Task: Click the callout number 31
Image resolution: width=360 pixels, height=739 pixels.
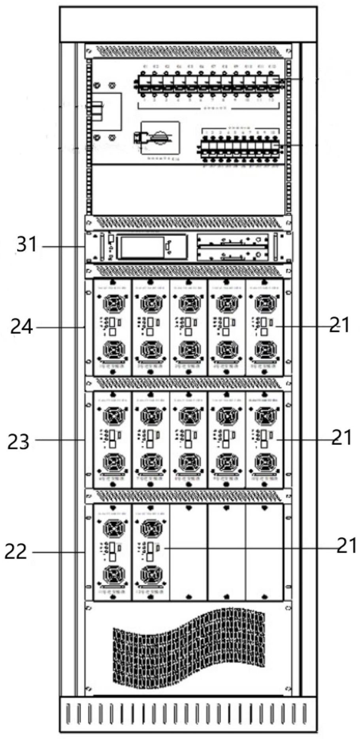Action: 26,245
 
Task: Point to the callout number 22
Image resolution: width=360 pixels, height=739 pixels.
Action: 16,552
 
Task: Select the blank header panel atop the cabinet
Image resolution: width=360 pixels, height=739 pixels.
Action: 188,24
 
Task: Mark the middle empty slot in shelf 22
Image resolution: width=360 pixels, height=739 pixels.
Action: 226,552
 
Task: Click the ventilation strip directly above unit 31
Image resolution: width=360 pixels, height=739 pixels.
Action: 188,223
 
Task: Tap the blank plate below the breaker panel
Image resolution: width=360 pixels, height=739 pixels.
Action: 188,190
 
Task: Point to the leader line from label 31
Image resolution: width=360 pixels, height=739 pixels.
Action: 63,247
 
